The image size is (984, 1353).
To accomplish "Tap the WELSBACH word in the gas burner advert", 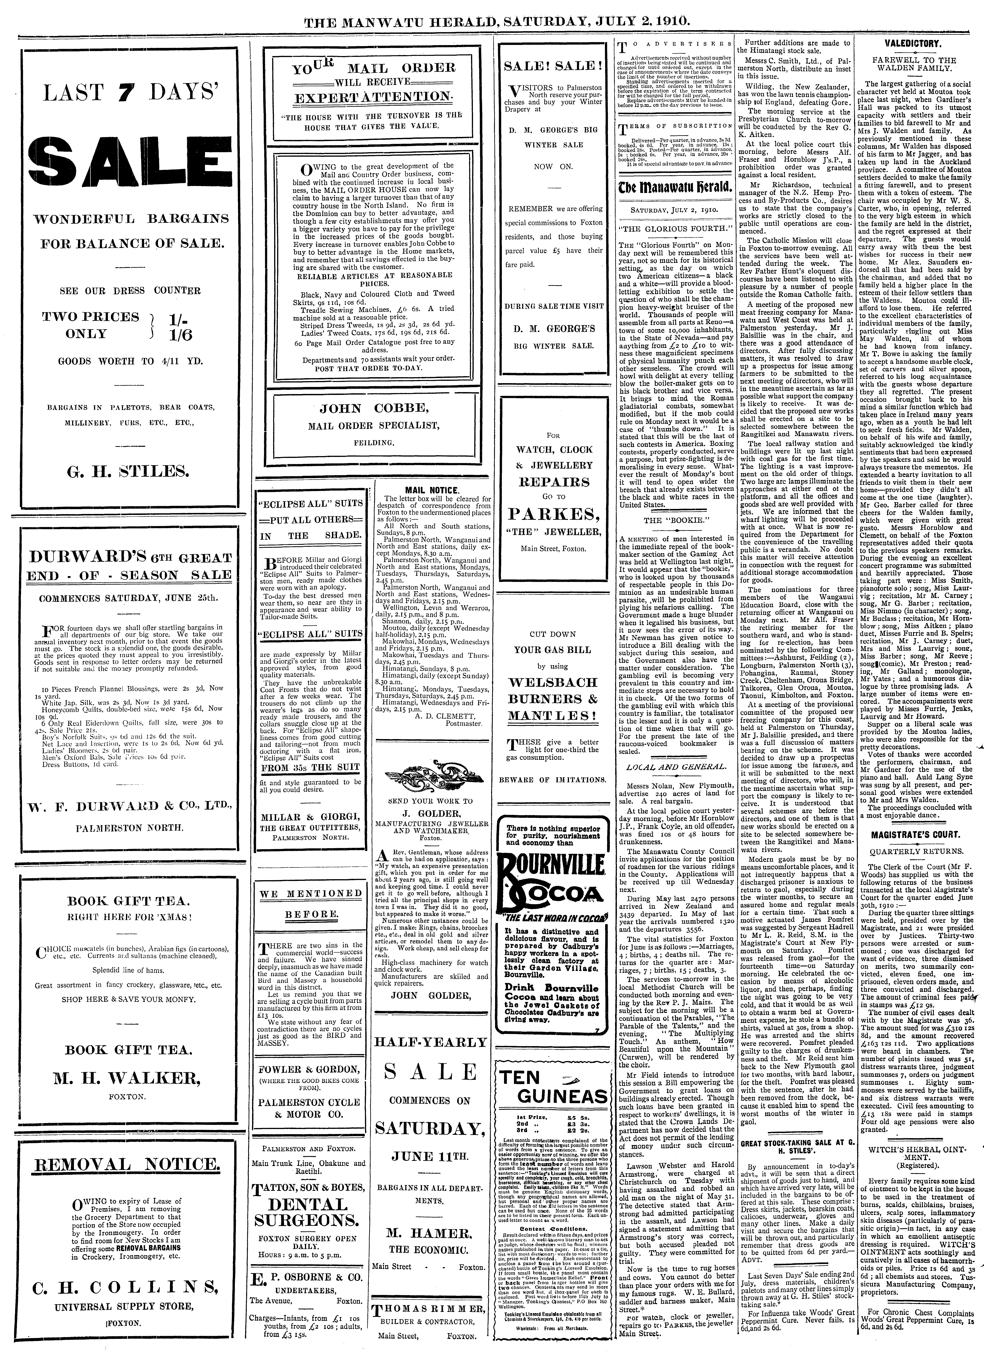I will [x=552, y=682].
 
